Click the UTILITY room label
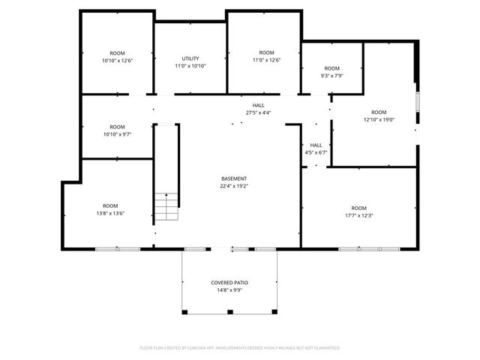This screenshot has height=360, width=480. [x=190, y=58]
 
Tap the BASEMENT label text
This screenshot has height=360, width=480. [x=233, y=178]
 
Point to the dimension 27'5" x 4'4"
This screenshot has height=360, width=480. [x=258, y=112]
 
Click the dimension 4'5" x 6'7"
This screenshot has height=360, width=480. [x=316, y=152]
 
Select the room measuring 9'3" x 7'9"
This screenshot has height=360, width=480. [x=331, y=72]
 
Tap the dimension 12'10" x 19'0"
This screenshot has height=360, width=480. [x=379, y=119]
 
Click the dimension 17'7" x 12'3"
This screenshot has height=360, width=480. [x=359, y=215]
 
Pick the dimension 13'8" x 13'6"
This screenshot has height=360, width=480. [x=110, y=213]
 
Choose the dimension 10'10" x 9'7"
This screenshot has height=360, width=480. [x=117, y=134]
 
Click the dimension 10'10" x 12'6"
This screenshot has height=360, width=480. [x=117, y=60]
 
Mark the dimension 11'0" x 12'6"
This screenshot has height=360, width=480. [x=265, y=60]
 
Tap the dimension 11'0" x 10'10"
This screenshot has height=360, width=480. [x=190, y=66]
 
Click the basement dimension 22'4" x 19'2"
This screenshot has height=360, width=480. [x=233, y=186]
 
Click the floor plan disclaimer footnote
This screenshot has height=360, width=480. [x=240, y=348]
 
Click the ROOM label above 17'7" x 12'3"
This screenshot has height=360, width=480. [x=359, y=208]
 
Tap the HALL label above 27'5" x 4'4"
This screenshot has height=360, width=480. [x=258, y=105]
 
